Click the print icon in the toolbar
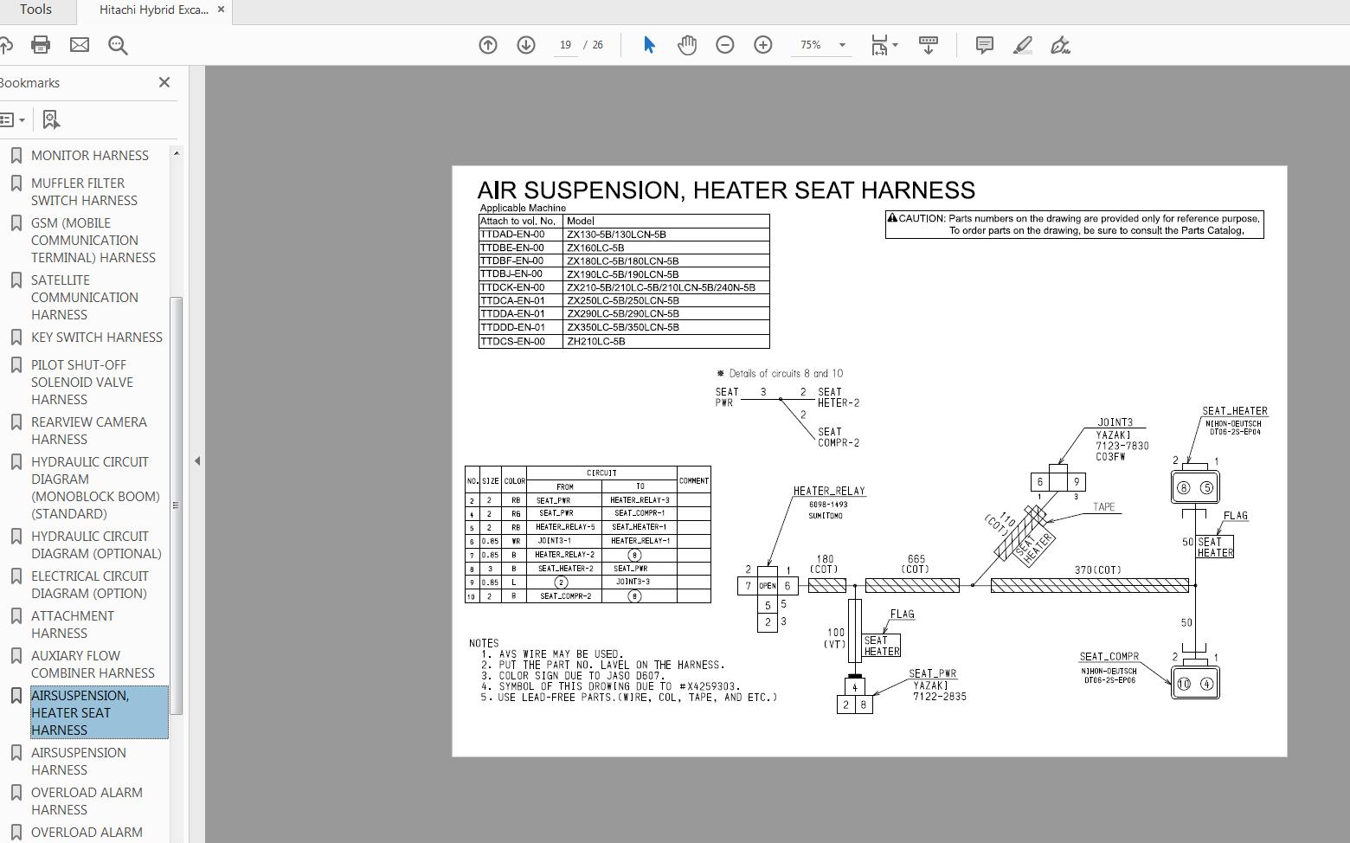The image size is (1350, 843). point(41,45)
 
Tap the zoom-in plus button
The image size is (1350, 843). point(762,45)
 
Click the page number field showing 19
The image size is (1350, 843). point(565,45)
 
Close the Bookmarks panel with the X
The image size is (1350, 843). point(164,82)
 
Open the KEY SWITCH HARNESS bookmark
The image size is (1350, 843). point(96,338)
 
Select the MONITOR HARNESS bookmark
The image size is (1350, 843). point(89,156)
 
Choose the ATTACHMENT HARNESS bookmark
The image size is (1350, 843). point(72,624)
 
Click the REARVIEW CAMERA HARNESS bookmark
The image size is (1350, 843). point(88,430)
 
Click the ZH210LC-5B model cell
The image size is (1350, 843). point(595,341)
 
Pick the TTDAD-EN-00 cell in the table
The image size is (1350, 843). point(513,235)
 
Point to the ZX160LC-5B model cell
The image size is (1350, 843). point(595,248)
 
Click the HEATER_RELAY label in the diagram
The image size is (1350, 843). point(829,491)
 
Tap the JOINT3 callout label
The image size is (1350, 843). point(1115,422)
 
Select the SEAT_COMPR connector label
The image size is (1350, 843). point(1109,656)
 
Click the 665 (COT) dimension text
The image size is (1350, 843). point(916,564)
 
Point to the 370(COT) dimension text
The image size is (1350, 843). point(1097,570)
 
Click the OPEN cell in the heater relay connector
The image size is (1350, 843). point(767,586)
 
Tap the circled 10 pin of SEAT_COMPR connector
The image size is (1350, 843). point(1184,684)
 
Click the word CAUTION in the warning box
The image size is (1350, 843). point(922,219)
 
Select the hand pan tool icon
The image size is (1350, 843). point(686,45)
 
